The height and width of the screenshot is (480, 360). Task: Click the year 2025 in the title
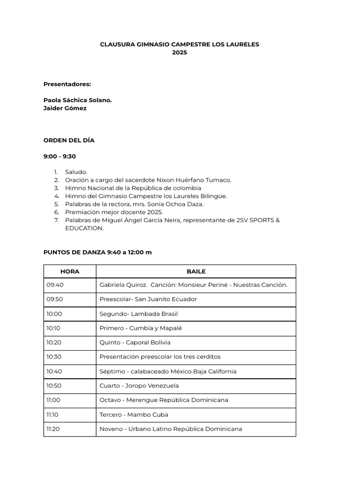180,52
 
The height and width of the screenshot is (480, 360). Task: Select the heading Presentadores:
67,84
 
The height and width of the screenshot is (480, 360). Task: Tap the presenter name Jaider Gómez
65,108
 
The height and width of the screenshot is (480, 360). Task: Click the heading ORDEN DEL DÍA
69,140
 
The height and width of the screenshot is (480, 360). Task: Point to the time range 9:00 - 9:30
60,156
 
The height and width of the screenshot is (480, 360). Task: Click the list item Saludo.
76,172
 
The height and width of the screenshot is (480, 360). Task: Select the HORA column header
70,271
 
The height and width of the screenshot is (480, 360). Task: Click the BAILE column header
196,271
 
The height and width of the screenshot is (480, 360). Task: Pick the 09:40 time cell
55,285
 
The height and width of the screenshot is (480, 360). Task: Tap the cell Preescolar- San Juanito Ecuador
148,299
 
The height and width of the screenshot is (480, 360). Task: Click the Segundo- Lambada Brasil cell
138,314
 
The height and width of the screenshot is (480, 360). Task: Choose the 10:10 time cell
54,328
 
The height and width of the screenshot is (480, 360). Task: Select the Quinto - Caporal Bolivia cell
135,342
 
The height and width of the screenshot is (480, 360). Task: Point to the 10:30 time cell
54,357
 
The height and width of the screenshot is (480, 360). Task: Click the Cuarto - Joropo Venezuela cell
139,386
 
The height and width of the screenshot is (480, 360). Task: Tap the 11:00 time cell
53,400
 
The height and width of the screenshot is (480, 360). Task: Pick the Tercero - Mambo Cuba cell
134,414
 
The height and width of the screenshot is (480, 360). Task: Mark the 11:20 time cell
53,429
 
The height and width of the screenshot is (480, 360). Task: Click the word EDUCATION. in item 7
84,228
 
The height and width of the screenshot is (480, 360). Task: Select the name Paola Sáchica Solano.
77,100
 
